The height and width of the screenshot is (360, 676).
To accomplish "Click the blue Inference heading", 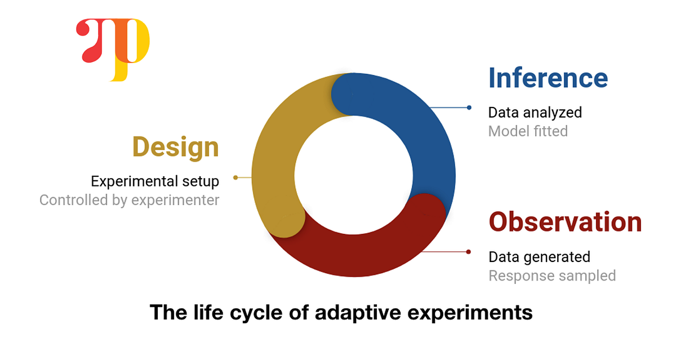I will [548, 78].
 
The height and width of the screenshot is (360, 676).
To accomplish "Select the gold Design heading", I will [175, 147].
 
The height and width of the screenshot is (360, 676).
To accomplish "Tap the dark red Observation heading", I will [565, 222].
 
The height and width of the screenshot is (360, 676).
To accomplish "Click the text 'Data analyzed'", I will [535, 112].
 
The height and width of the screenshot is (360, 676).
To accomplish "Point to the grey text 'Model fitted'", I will [527, 131].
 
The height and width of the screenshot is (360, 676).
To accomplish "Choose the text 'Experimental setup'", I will [155, 181].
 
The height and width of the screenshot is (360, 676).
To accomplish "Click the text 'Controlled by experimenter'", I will [129, 200].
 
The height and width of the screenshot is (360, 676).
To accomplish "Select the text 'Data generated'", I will [539, 257].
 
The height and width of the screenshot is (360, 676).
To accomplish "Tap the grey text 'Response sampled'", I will [552, 275].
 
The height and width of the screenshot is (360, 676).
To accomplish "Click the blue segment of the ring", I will [417, 130].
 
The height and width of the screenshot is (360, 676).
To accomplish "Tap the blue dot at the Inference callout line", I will [469, 107].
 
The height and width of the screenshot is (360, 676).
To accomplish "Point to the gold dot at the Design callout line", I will [235, 177].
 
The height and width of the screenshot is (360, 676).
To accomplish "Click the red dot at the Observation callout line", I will [468, 252].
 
